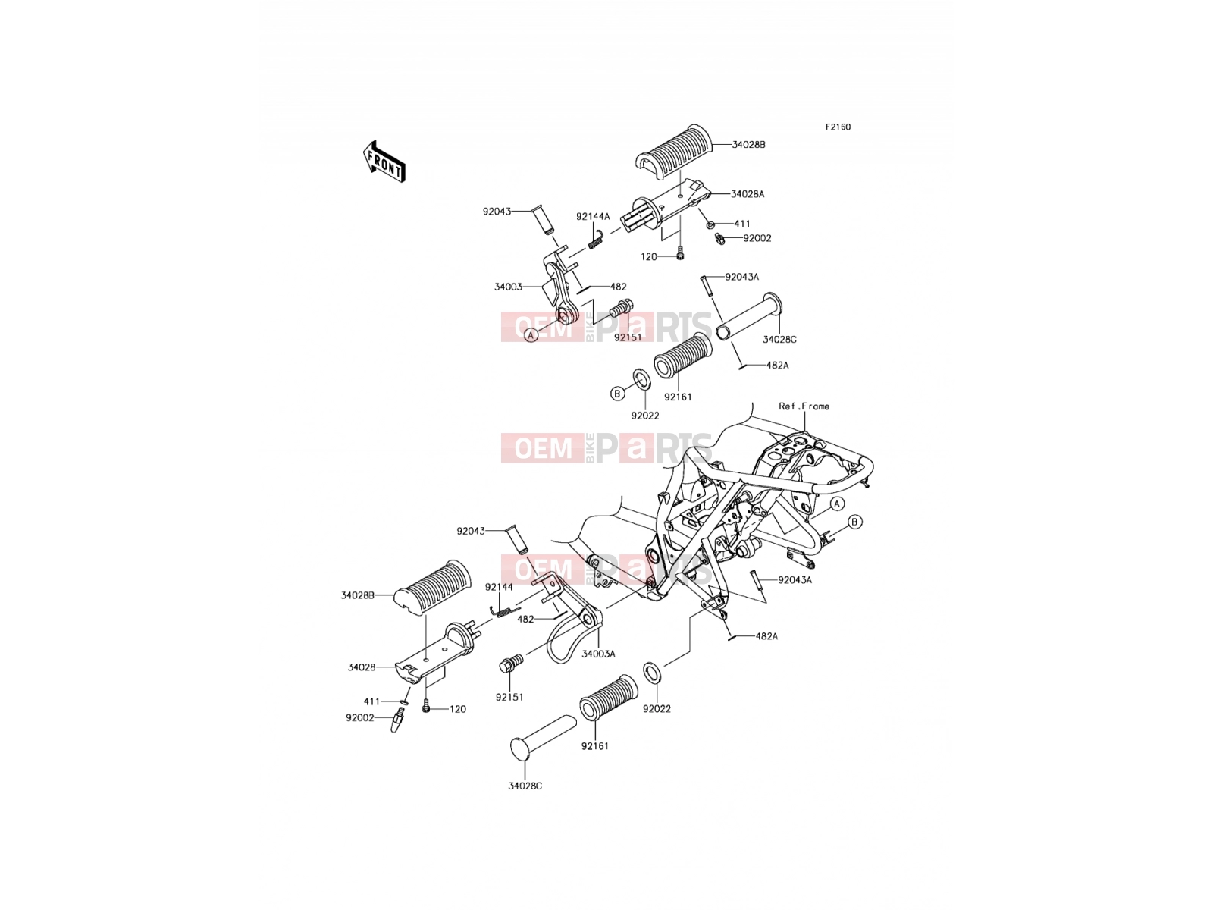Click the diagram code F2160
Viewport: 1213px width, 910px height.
838,127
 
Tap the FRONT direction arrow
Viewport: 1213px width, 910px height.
384,162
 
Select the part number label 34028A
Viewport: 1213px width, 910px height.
748,194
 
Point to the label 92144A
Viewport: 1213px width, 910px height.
592,217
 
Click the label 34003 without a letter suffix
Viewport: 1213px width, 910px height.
508,287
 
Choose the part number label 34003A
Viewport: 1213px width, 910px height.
598,654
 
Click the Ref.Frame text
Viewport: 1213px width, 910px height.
804,406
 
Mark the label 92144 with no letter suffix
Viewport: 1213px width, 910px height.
499,587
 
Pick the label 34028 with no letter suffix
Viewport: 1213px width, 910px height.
362,667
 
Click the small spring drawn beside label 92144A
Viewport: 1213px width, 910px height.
594,240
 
